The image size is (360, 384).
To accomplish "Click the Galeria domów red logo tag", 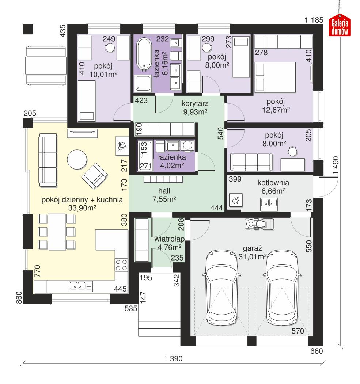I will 340,27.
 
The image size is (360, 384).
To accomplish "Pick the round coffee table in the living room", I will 77,160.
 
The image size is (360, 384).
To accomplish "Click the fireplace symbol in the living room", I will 121,146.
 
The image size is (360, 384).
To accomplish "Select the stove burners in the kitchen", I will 121,265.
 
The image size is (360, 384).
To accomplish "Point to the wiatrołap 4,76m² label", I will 169,243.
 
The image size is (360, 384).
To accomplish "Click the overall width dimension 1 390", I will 173,358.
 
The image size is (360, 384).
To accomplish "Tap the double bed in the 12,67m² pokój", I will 275,77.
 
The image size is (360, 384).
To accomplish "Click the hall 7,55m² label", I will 165,194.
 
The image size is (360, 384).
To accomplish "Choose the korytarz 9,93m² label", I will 195,107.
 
